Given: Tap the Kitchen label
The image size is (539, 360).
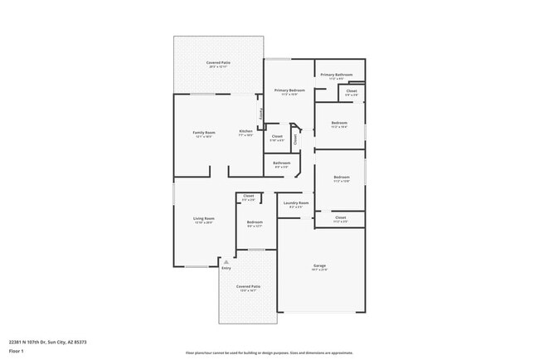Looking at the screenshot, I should coord(246,132).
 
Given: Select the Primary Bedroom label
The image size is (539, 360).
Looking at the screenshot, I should coord(289,90).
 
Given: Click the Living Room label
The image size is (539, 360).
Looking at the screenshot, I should coord(204,219).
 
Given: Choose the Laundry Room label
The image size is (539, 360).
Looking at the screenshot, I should coord(296,202).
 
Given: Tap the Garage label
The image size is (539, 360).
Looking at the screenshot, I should coord(320,266).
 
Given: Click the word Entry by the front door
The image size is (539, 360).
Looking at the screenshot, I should coord(226,268).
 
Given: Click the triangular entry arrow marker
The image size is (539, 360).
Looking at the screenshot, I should coord(226,261).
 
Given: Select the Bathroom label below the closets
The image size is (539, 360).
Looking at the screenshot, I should coord(282,163).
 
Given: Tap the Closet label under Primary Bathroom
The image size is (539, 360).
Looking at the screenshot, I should coord(352,90).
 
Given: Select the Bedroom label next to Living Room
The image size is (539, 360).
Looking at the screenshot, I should coord(255,222).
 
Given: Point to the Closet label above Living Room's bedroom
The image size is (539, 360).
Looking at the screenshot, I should coord(248,196).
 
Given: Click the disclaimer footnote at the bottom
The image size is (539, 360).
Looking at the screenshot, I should coord(269,352).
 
